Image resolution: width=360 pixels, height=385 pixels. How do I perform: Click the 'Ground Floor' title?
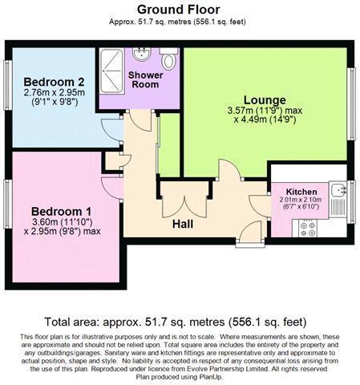(180, 9)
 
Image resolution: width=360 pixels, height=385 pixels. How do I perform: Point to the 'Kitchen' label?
(301, 192)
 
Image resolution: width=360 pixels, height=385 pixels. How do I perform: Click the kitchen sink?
(340, 191)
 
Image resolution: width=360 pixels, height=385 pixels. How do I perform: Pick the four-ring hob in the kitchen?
(308, 228)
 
